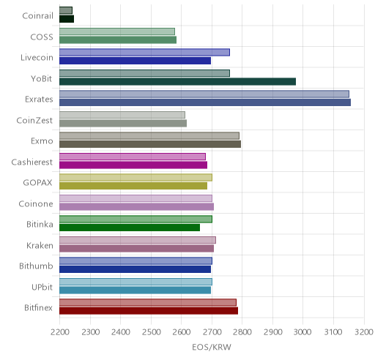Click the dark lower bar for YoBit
click(x=177, y=82)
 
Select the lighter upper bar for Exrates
click(x=204, y=94)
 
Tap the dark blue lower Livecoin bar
click(x=135, y=61)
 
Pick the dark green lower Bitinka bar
click(x=130, y=228)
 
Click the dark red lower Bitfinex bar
click(x=149, y=311)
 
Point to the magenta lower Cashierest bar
click(x=133, y=165)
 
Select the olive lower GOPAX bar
click(x=133, y=186)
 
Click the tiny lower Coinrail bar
click(x=67, y=19)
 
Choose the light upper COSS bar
click(x=117, y=31)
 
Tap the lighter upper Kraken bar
click(x=138, y=240)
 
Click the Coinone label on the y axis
click(x=36, y=203)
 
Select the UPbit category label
click(x=42, y=287)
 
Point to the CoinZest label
click(x=34, y=120)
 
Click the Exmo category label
click(x=42, y=141)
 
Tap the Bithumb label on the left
click(x=36, y=266)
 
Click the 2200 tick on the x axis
click(x=59, y=332)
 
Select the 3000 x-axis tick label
click(x=302, y=332)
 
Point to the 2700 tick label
click(x=212, y=332)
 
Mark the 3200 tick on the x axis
click(x=364, y=332)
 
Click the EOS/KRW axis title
click(x=212, y=347)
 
